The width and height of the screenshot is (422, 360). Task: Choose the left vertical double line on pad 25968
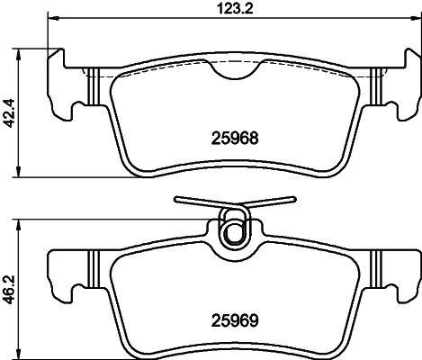pos(93,85)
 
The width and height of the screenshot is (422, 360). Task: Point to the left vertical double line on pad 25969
pos(93,269)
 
